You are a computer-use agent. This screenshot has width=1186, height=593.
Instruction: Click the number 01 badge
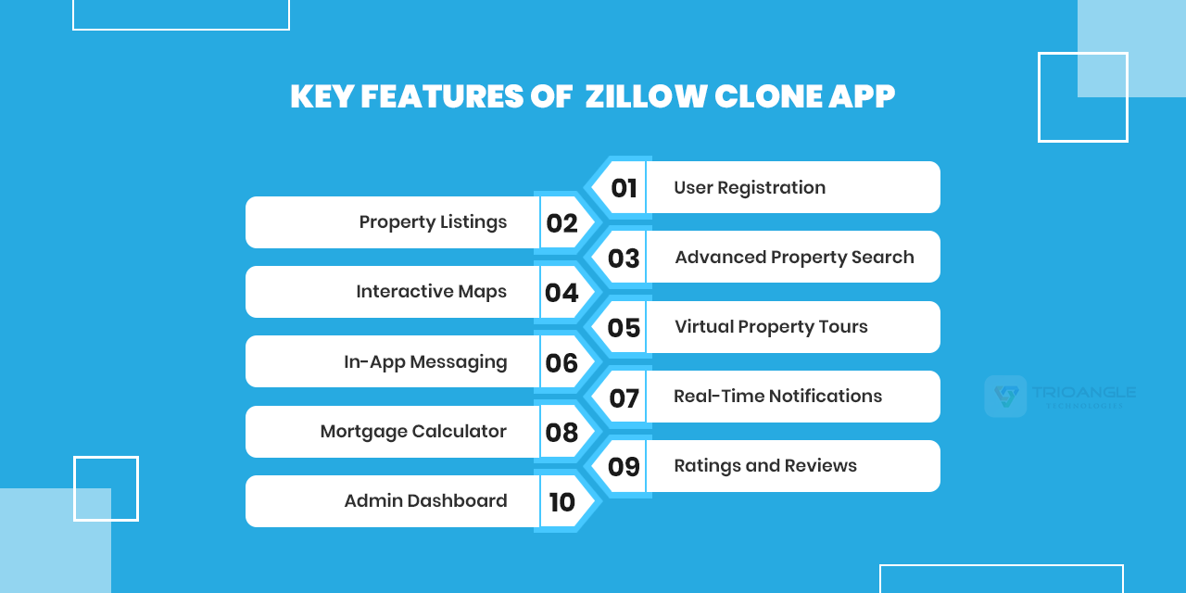(624, 188)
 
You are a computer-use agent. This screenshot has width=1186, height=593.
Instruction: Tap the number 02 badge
(561, 223)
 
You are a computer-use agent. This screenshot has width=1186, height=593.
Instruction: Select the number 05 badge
(624, 327)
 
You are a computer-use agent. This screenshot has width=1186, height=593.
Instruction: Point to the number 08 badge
(561, 433)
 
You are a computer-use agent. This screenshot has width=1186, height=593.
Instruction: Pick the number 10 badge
(561, 502)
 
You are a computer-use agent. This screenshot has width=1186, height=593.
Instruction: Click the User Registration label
(750, 188)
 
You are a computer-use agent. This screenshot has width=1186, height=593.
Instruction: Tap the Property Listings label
(433, 222)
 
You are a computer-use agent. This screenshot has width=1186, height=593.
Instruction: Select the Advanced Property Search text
(794, 258)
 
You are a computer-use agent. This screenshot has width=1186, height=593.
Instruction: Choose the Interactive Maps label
(431, 292)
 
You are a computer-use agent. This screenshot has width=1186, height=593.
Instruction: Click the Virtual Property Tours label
(771, 327)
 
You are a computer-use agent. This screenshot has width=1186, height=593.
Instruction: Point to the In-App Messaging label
(425, 362)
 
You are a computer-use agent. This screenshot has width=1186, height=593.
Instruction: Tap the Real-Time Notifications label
(777, 397)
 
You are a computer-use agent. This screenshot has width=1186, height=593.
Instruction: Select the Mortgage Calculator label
(413, 432)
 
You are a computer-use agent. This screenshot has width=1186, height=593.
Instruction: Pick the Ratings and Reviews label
(765, 466)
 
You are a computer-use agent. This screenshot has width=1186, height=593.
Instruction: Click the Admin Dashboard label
(425, 501)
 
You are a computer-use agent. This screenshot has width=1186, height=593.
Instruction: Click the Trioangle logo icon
(1005, 397)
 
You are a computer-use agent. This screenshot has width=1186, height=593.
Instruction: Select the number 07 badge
(624, 398)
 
